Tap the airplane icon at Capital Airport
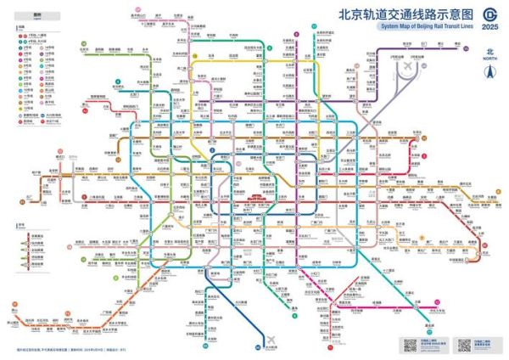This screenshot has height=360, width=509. click(407, 65)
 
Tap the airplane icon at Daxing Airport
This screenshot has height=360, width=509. click(272, 340)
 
